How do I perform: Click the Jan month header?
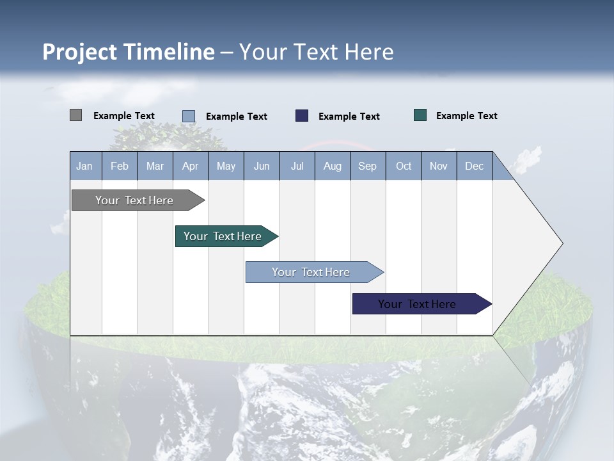click(x=85, y=166)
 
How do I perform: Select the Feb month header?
click(x=120, y=166)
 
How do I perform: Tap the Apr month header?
click(x=191, y=166)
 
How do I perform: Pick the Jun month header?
click(x=262, y=166)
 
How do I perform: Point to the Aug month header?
click(x=333, y=166)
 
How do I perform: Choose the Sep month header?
click(x=368, y=166)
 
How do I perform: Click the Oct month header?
click(x=404, y=166)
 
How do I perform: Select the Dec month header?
click(x=475, y=166)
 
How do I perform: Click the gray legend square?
click(x=75, y=115)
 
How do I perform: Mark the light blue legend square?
click(x=189, y=116)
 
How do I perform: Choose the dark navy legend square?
click(x=302, y=115)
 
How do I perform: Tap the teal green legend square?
click(x=420, y=115)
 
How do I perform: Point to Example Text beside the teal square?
click(x=466, y=116)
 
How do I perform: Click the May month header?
click(x=226, y=166)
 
